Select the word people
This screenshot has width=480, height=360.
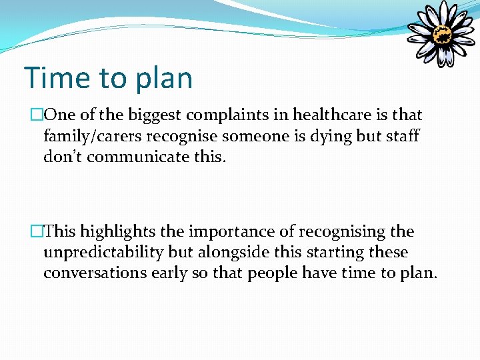tap(272, 274)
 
